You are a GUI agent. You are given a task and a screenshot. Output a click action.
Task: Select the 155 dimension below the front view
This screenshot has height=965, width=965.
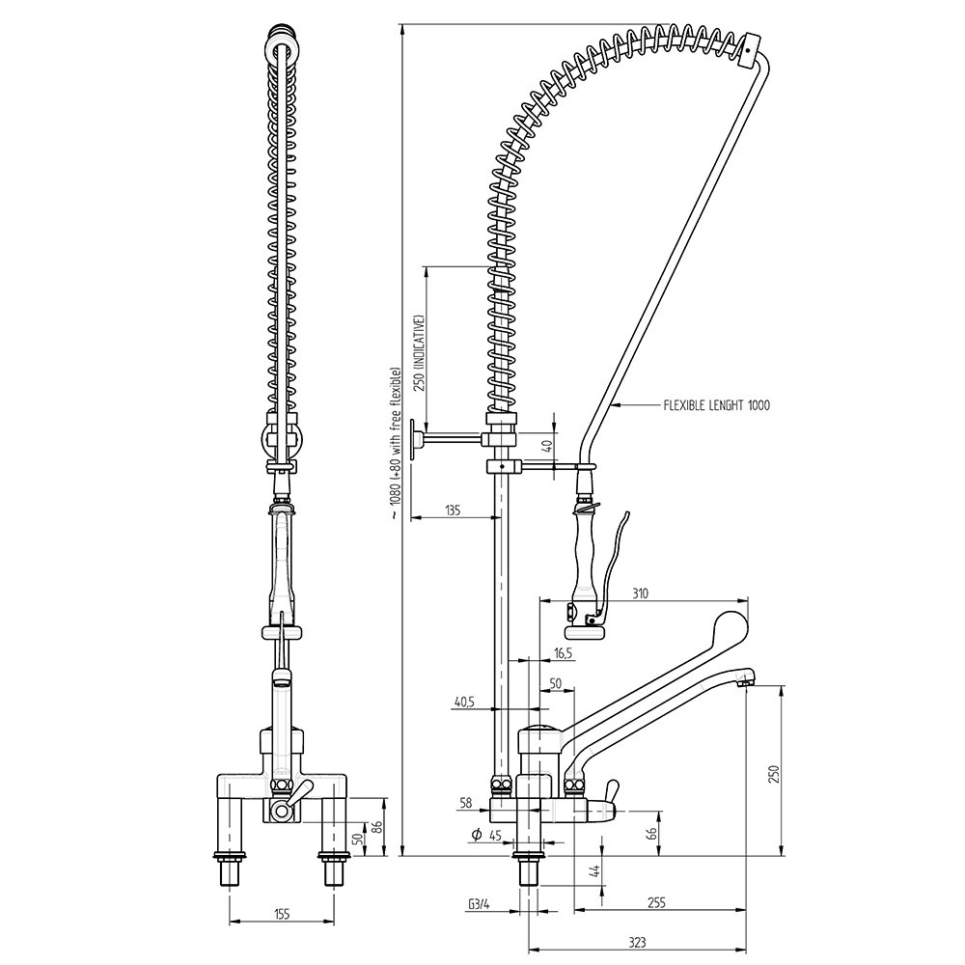[x=281, y=912]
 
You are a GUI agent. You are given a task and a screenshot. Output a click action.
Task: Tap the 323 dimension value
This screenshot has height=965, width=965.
[x=636, y=943]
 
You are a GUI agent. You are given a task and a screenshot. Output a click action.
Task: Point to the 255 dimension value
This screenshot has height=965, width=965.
[x=655, y=903]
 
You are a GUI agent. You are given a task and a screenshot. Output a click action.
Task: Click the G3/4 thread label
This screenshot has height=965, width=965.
[x=478, y=904]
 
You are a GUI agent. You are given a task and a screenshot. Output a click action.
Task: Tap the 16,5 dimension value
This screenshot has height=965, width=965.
[x=564, y=653]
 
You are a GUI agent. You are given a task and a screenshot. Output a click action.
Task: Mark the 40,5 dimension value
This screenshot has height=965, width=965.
[x=464, y=703]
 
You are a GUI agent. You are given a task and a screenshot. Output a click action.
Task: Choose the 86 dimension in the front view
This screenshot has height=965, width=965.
[x=377, y=826]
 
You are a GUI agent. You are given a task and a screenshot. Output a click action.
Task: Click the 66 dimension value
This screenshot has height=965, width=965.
[x=651, y=832]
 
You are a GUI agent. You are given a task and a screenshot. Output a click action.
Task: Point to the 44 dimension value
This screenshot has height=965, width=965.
[x=593, y=872]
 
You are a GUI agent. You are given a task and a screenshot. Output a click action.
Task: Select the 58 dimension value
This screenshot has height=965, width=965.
[x=466, y=802]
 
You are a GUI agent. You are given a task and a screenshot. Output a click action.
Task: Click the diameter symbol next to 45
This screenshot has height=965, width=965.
[x=476, y=835]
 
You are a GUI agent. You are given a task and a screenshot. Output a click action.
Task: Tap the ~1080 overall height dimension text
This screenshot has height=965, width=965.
[x=394, y=444]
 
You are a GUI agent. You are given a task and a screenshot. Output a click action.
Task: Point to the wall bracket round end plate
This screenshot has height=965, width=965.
[x=413, y=442]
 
